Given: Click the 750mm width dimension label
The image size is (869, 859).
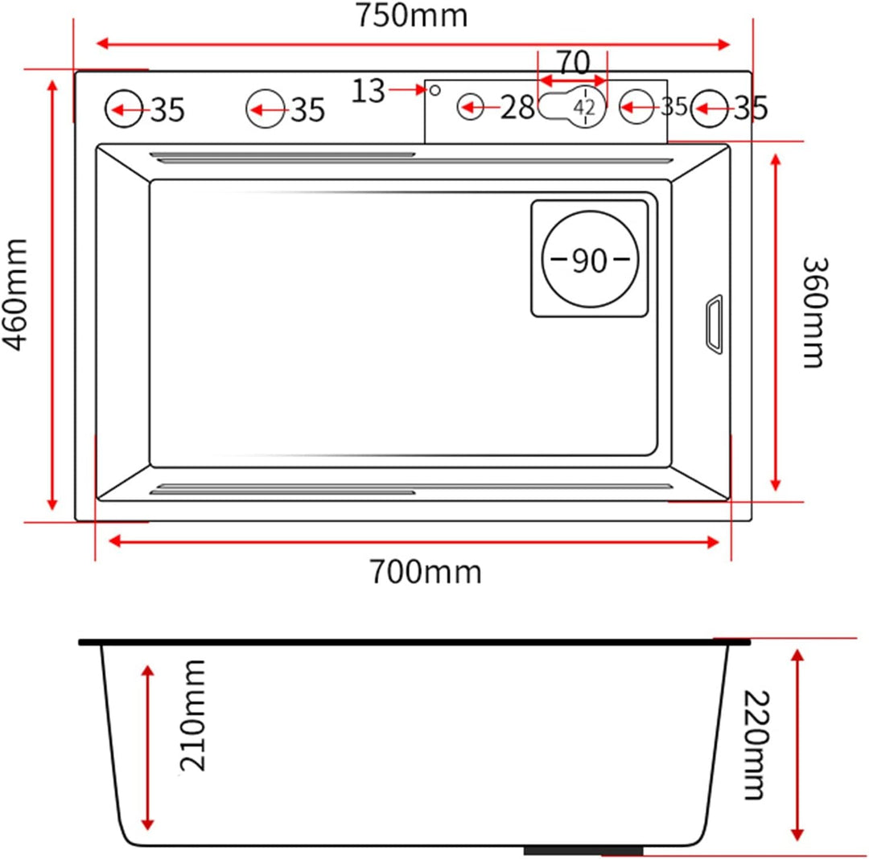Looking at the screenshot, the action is pyautogui.click(x=411, y=15).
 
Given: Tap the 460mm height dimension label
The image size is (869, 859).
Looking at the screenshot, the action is pyautogui.click(x=15, y=294).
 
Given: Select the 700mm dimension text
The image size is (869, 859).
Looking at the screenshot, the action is pyautogui.click(x=425, y=572).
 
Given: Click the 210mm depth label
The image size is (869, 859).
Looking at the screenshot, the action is pyautogui.click(x=192, y=715).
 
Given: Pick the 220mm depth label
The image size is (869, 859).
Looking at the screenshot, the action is pyautogui.click(x=756, y=745).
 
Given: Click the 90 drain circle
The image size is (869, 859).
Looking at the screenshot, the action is pyautogui.click(x=590, y=259).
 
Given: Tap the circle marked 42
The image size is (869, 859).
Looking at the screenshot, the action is pyautogui.click(x=585, y=107).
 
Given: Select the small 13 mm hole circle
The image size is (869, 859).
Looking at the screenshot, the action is pyautogui.click(x=435, y=90).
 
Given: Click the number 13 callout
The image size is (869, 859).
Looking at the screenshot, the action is pyautogui.click(x=368, y=91).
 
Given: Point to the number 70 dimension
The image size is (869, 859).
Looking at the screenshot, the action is pyautogui.click(x=573, y=63).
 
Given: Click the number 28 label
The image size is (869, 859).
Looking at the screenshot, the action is pyautogui.click(x=517, y=107).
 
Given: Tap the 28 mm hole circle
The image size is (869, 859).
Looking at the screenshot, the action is pyautogui.click(x=471, y=106).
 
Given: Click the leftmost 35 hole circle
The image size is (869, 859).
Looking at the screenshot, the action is pyautogui.click(x=124, y=109).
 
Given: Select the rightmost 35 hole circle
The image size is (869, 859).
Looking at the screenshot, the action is pyautogui.click(x=710, y=109).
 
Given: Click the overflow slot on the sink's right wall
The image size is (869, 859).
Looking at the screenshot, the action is pyautogui.click(x=714, y=324).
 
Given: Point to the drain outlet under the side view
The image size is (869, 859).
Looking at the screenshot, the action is pyautogui.click(x=583, y=850).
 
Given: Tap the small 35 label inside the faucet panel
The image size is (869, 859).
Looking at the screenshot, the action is pyautogui.click(x=674, y=107).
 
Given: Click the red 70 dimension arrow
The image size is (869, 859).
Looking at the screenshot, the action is pyautogui.click(x=573, y=81).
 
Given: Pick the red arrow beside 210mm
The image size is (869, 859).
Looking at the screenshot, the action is pyautogui.click(x=147, y=747).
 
